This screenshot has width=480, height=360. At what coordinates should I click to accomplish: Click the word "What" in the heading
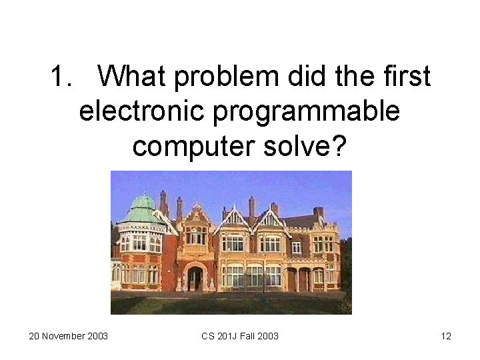135,77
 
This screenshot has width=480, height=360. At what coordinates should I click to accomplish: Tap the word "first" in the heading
405,77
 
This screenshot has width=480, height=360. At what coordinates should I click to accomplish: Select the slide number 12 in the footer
446,336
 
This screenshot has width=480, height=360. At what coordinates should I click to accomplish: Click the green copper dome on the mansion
143,207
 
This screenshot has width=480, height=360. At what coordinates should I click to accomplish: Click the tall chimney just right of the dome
164,201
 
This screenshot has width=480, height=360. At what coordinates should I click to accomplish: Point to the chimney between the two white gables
252,207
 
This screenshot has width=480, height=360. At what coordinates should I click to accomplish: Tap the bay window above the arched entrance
195,235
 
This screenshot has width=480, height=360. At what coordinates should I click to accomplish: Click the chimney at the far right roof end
319,213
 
